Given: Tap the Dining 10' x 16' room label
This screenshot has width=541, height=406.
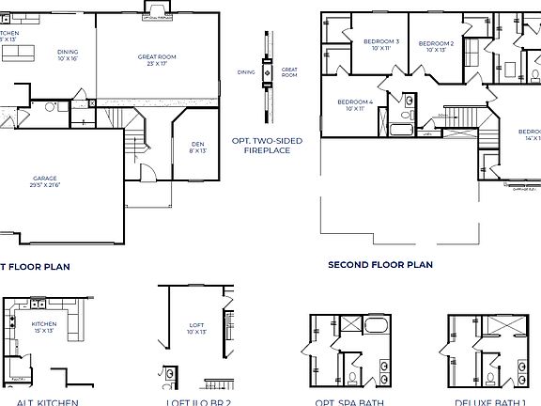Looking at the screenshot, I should [x=68, y=53].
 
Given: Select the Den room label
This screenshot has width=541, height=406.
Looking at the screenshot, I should [x=197, y=117].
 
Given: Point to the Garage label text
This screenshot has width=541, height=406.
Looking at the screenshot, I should [x=45, y=178].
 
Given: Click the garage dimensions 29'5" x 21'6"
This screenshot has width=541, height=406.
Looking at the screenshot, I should [x=46, y=185].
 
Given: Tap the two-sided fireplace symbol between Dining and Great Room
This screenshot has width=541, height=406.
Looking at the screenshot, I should [x=267, y=70].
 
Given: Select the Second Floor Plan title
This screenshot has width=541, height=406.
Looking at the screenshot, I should [x=379, y=265].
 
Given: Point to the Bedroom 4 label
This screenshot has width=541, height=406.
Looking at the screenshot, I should [x=354, y=101].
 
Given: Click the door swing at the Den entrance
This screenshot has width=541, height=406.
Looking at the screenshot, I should [x=147, y=172].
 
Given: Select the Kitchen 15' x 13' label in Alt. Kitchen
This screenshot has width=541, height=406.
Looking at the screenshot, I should [x=44, y=326].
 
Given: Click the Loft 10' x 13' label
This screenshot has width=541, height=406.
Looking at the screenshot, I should [x=195, y=328].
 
